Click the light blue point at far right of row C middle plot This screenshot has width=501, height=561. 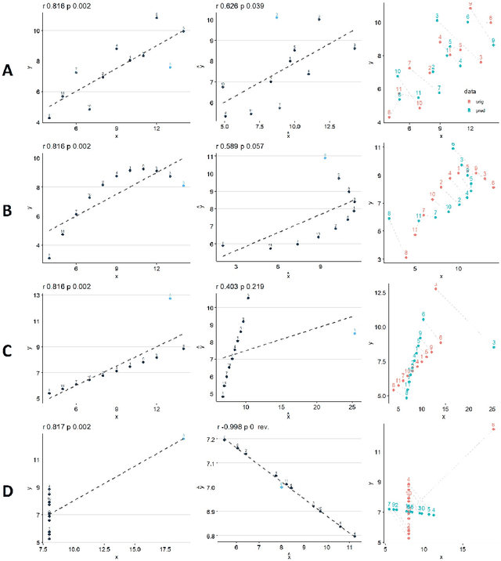point(355,332)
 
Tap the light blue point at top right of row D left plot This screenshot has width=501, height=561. point(183,437)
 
